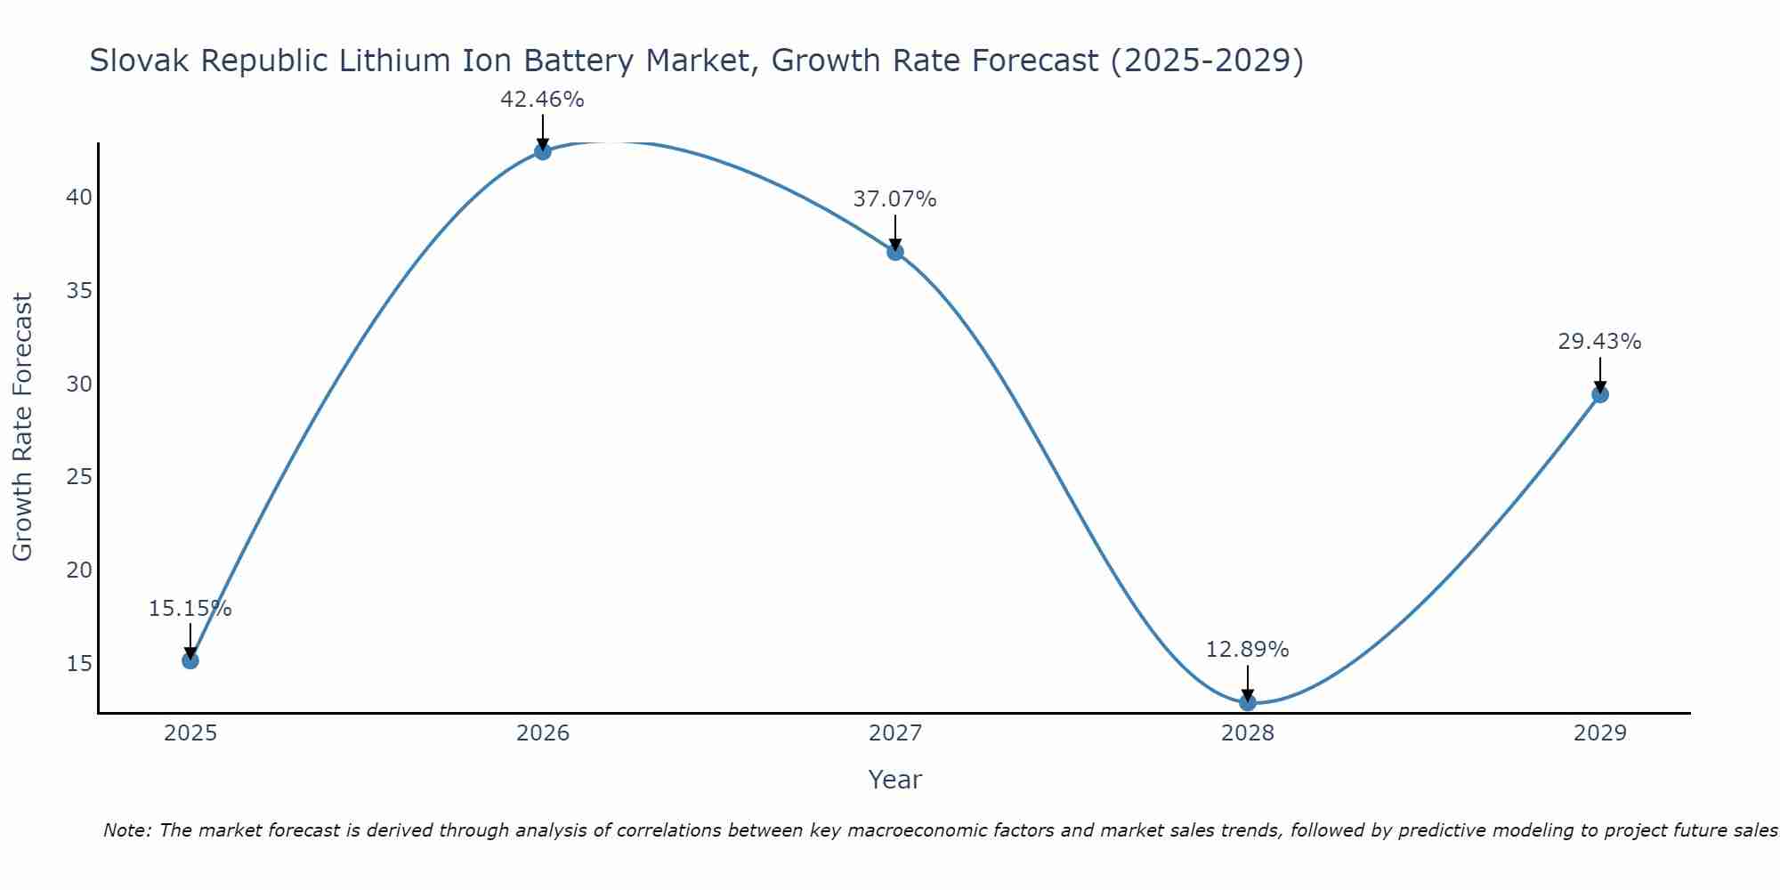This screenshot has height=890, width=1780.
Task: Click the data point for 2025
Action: point(190,660)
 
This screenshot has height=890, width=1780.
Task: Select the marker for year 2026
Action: point(543,151)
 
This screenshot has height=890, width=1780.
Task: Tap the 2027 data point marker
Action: point(895,252)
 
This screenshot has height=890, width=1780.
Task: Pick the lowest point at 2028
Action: point(1248,702)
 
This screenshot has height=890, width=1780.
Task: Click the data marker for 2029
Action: point(1600,394)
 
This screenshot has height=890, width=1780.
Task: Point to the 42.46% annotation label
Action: point(542,100)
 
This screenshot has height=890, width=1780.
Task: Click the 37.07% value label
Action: point(894,199)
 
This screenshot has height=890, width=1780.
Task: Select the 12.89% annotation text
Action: point(1247,650)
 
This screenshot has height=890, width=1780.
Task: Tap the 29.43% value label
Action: point(1599,342)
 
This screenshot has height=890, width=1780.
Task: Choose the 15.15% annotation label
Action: point(190,609)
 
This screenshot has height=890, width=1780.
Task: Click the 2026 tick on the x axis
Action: point(543,733)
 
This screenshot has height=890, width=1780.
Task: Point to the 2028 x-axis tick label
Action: point(1248,733)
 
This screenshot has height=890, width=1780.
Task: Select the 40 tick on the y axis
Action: point(79,197)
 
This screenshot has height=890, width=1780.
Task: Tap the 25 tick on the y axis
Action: point(79,477)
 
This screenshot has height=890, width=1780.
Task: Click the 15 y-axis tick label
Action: point(79,664)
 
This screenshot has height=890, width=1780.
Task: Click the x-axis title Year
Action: point(894,780)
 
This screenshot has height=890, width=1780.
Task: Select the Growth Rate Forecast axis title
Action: point(22,427)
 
